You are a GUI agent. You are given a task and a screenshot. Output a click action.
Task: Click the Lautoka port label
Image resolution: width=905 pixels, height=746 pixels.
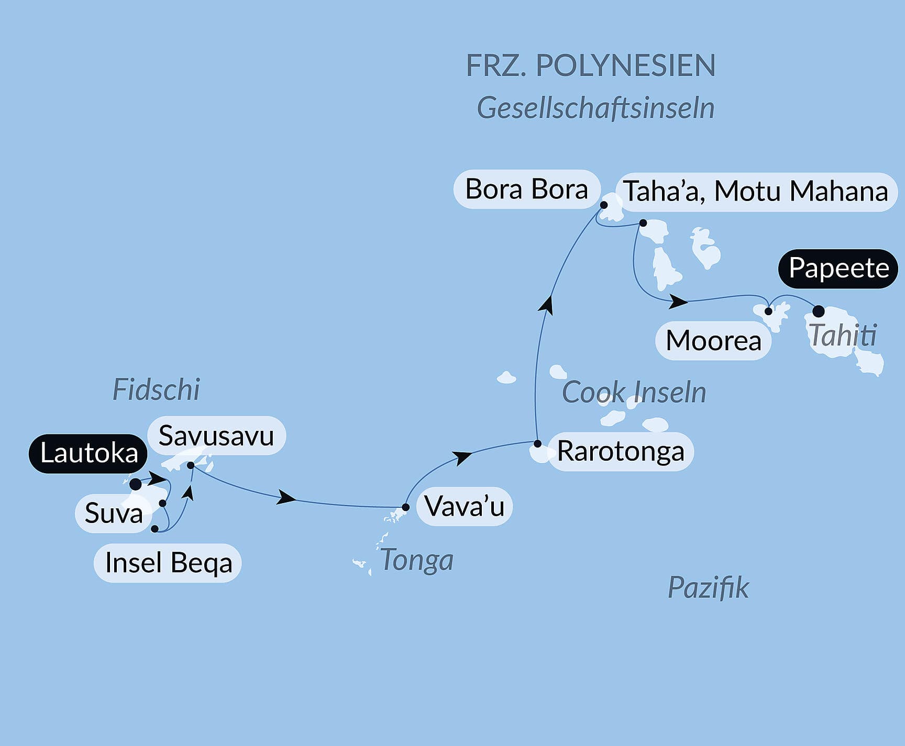tap(89, 453)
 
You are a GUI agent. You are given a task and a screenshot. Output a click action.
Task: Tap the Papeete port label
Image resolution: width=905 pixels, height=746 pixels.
tap(838, 269)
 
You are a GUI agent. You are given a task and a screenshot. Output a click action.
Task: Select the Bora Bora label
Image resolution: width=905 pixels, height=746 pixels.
tap(526, 189)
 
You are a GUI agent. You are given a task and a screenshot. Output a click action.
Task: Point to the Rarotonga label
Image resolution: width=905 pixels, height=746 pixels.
tap(620, 451)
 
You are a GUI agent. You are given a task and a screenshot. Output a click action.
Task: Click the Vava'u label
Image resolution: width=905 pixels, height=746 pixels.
tap(464, 506)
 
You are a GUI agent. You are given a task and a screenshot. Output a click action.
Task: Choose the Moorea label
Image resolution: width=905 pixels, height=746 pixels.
tap(713, 341)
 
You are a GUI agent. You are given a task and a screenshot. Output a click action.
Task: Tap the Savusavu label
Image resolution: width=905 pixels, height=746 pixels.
tap(216, 436)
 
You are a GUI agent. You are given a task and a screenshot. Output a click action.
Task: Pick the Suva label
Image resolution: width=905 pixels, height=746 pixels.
tap(114, 513)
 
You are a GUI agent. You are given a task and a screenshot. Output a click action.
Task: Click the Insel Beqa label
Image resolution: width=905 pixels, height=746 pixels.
tap(168, 563)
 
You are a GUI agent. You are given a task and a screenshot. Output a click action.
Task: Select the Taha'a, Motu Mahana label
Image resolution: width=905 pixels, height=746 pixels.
tap(756, 192)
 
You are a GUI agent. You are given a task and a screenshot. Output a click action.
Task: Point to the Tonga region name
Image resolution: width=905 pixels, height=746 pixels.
tap(416, 560)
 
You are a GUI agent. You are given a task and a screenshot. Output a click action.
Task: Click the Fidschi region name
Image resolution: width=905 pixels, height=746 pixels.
tap(156, 390)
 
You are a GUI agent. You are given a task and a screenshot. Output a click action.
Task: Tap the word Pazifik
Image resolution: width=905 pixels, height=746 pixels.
tap(708, 588)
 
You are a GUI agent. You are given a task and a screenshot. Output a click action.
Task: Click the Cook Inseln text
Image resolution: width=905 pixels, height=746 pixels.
tap(634, 392)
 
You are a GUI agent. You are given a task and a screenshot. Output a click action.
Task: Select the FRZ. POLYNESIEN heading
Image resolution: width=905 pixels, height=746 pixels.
tap(590, 66)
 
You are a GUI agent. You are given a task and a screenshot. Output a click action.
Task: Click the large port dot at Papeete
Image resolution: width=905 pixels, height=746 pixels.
tap(818, 311)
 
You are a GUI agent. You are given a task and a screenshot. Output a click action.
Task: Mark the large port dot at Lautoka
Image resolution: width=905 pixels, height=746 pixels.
tap(136, 484)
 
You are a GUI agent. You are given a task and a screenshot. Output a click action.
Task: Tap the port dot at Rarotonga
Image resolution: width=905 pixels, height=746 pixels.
tap(537, 444)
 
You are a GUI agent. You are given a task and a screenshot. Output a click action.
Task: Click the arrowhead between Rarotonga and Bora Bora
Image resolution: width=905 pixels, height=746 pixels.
tap(547, 304)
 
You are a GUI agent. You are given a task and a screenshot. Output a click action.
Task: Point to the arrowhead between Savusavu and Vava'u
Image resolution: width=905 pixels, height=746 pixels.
tap(286, 497)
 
